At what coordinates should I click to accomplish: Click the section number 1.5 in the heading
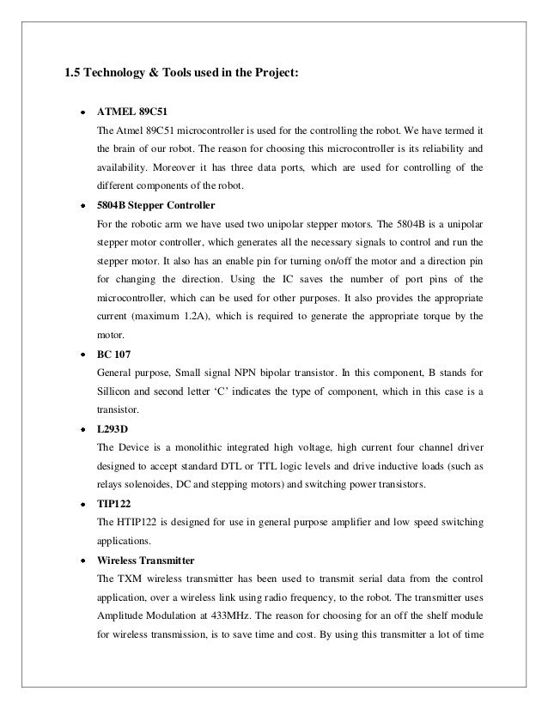(x=75, y=72)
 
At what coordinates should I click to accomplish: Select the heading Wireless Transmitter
(x=153, y=559)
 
